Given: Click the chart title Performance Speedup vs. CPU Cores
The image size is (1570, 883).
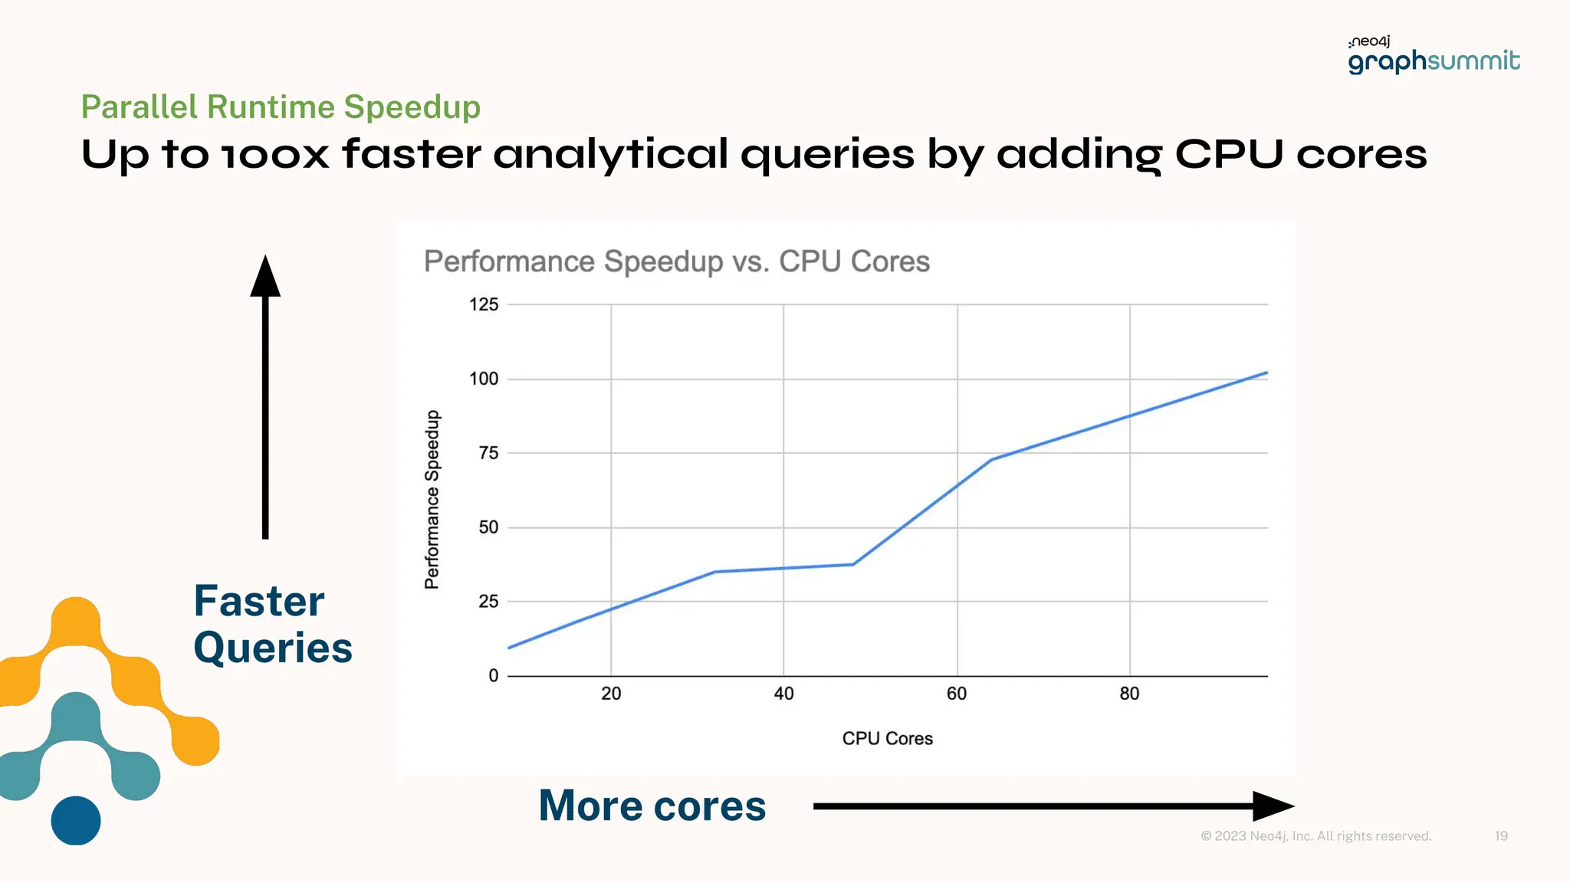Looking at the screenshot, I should click(x=676, y=261).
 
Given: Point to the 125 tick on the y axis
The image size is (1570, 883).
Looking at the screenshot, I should click(x=484, y=305).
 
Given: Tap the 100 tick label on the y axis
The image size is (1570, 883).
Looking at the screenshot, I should click(x=484, y=379).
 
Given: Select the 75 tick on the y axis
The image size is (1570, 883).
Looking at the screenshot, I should click(x=488, y=454).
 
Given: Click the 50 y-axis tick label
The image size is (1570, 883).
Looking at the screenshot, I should click(x=488, y=528).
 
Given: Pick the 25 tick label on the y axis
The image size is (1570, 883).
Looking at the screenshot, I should click(x=488, y=602).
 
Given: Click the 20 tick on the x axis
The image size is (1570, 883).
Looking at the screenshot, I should click(x=611, y=694).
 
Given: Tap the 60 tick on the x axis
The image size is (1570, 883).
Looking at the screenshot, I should click(x=957, y=694).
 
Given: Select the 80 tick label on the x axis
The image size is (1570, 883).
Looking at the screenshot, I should click(x=1129, y=694).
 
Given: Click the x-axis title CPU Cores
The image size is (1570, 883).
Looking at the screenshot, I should click(x=887, y=739).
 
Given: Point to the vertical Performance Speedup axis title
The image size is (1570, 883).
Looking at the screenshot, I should click(x=432, y=500).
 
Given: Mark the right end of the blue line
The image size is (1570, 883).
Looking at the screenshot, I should click(x=1266, y=373).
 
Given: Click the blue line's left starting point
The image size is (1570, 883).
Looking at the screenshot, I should click(x=510, y=648).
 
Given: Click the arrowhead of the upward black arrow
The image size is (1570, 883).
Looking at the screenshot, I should click(x=265, y=277).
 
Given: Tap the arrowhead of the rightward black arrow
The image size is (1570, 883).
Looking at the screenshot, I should click(x=1273, y=806).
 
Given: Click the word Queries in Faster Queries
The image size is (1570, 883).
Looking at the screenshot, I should click(x=273, y=648).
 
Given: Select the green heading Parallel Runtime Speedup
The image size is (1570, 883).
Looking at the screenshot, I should click(x=281, y=107).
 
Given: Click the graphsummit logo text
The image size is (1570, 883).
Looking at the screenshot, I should click(x=1434, y=61).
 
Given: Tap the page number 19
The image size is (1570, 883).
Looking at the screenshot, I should click(x=1501, y=836).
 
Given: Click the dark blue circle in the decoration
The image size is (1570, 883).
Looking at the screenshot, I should click(x=76, y=821).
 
